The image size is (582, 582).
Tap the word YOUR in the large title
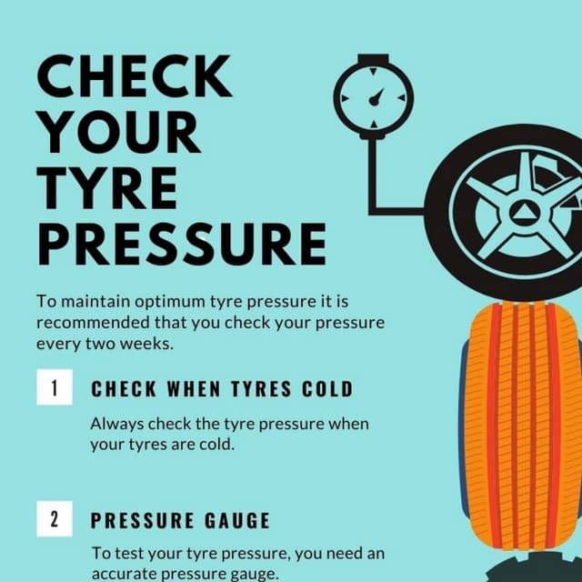pos(119,133)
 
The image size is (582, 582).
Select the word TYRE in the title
pos(107,188)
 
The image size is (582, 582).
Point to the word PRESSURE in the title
pos(181,243)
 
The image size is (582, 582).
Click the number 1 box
pos(55,388)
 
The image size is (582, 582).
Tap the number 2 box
pos(55,520)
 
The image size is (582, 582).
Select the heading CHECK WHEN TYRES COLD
pos(221,389)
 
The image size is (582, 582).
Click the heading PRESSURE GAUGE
pos(180,521)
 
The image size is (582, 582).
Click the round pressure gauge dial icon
pos(373,95)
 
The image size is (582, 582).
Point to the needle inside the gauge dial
pos(376,94)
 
